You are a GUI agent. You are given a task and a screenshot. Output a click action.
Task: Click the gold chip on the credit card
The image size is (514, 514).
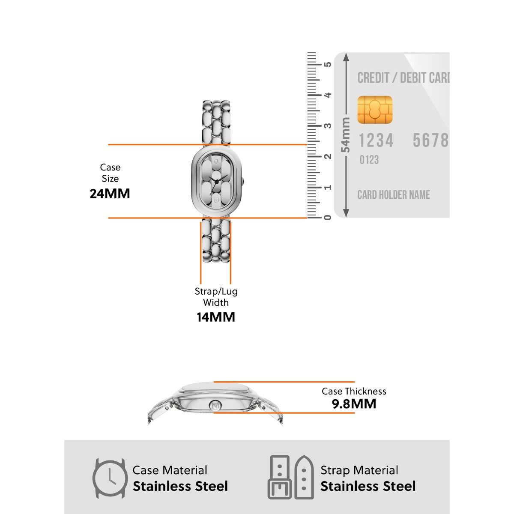[x=375, y=110]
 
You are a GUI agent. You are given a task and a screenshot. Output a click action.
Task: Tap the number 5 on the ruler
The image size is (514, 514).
[x=328, y=64]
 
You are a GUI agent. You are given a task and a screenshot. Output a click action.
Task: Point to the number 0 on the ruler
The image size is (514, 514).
[x=328, y=218]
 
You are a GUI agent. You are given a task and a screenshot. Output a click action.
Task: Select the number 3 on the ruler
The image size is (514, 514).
[x=328, y=126]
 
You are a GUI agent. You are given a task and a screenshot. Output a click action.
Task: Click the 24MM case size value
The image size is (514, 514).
[x=110, y=194]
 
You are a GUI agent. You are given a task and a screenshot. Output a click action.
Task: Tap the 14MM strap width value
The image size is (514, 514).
[x=216, y=317]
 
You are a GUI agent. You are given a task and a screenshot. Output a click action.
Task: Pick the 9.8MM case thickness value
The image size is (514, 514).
[x=354, y=404]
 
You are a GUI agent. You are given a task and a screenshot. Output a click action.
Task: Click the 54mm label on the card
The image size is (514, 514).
[x=345, y=135]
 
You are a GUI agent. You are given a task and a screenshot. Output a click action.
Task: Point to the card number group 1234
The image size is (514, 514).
[x=376, y=140]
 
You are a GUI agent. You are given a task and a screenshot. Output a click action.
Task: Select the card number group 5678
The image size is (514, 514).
[x=430, y=140]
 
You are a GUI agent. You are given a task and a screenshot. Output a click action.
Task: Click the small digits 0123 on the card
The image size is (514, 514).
[x=369, y=160]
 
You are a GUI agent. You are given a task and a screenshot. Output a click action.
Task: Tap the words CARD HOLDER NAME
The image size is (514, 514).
[x=394, y=195]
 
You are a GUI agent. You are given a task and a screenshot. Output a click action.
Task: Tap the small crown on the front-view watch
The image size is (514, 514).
[x=243, y=182]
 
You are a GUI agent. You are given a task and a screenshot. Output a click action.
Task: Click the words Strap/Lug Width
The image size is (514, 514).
[x=216, y=297]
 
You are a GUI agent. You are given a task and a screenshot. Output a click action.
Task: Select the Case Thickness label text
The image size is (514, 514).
[x=354, y=391]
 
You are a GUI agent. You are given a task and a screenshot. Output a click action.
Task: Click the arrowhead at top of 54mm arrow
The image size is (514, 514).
[x=346, y=57]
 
